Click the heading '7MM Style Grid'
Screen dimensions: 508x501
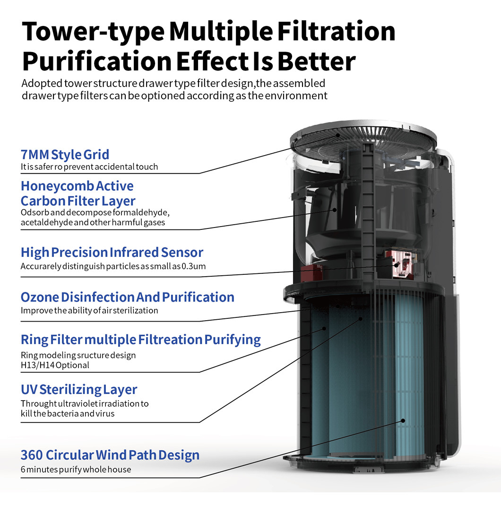65,155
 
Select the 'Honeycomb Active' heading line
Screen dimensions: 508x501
77,186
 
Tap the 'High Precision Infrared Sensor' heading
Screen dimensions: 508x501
112,252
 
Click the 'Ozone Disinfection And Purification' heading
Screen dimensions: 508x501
128,298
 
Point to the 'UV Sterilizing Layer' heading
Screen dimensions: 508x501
79,390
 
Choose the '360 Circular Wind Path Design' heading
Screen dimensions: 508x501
110,455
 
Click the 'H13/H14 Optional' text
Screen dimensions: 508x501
55,365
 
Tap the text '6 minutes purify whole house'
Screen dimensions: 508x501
76,470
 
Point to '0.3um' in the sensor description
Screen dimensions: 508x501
195,266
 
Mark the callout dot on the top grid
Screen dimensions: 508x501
338,135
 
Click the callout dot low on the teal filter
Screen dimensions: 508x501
403,420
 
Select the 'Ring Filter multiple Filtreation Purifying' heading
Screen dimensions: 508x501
141,340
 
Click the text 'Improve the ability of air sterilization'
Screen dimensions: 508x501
89,311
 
